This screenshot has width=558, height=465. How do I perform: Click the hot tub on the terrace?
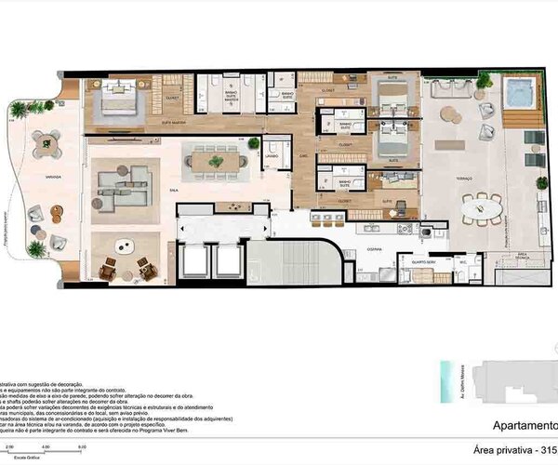(x=517, y=93)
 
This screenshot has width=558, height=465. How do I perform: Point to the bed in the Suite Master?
(x=118, y=100)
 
